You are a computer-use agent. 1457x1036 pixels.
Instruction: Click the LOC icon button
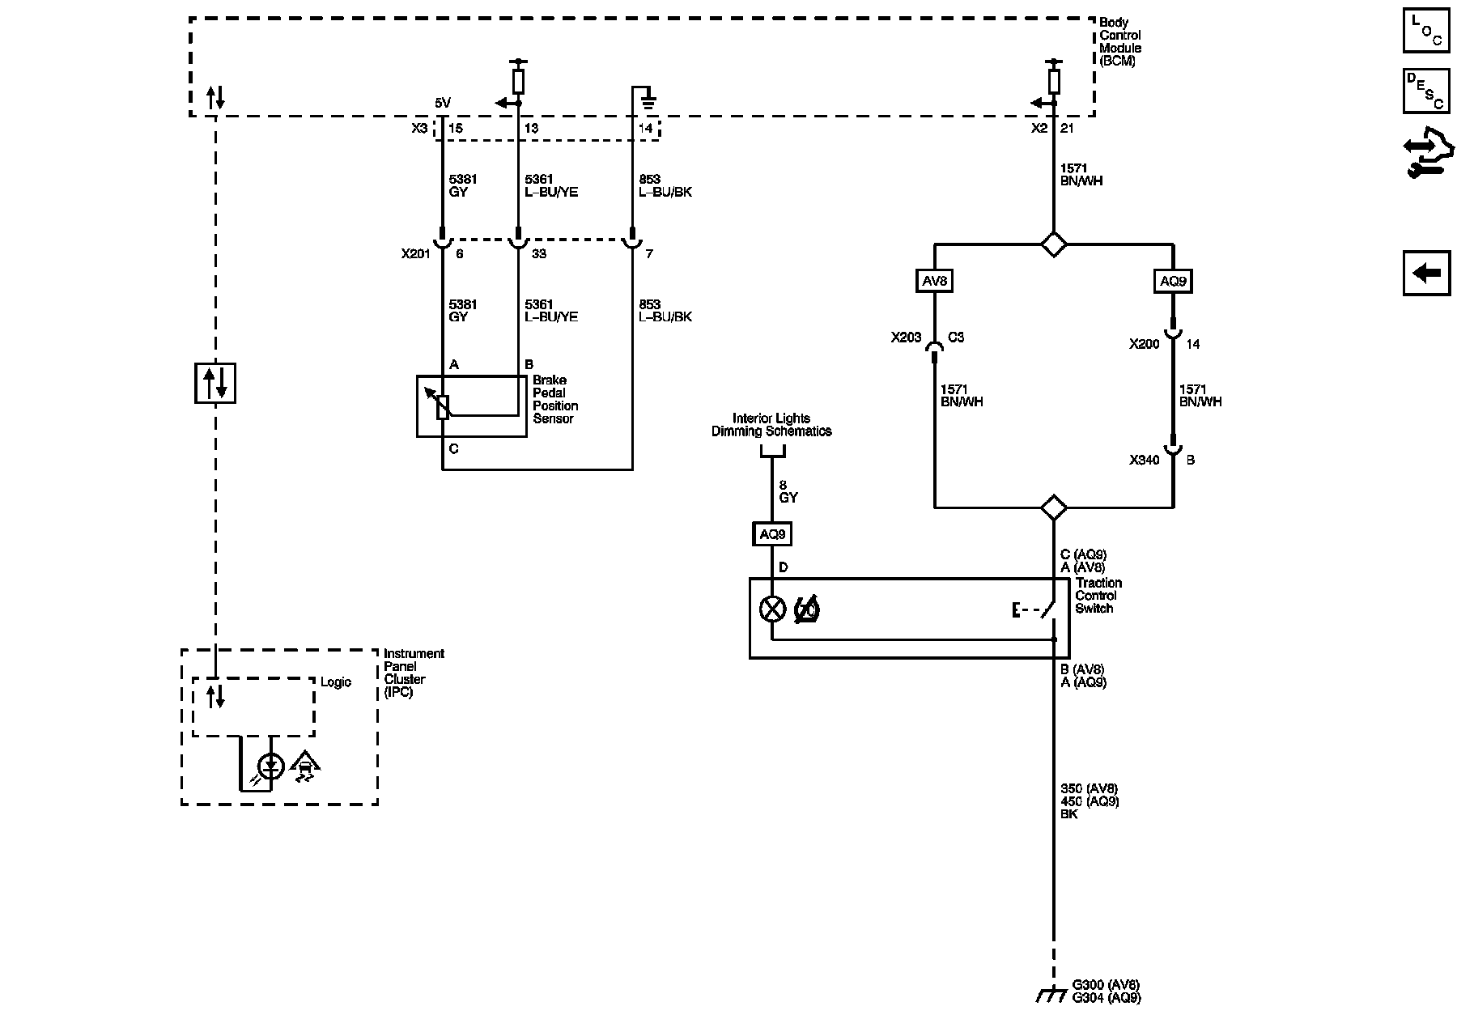(x=1425, y=31)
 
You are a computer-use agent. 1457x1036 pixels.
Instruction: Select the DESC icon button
(x=1425, y=90)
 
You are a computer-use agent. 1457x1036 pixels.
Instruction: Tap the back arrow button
(x=1426, y=273)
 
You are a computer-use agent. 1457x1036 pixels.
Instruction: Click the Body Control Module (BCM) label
(x=1120, y=42)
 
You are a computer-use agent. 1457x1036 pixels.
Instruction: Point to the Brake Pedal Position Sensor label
(x=555, y=399)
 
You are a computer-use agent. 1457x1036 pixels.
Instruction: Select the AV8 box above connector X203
(x=934, y=281)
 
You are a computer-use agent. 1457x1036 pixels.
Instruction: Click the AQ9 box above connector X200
(x=1173, y=281)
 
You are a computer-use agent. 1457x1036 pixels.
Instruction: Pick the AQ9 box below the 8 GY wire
(x=772, y=534)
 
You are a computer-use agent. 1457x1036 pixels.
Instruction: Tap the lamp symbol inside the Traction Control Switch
(x=773, y=609)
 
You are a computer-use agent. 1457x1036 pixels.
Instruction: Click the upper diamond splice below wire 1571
(x=1053, y=244)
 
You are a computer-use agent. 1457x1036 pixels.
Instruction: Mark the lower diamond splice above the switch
(x=1053, y=507)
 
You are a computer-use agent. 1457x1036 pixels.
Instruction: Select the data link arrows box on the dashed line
(x=215, y=383)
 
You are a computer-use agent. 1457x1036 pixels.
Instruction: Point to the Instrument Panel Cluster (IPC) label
(x=414, y=673)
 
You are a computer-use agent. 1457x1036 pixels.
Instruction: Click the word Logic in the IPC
(x=335, y=682)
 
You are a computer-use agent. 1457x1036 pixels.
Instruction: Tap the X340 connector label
(x=1145, y=460)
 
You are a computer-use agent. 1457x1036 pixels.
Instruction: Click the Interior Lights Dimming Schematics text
(x=771, y=425)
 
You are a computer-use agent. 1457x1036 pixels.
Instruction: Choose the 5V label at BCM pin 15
(x=443, y=103)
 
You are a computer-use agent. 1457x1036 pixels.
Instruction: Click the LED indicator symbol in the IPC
(x=270, y=766)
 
